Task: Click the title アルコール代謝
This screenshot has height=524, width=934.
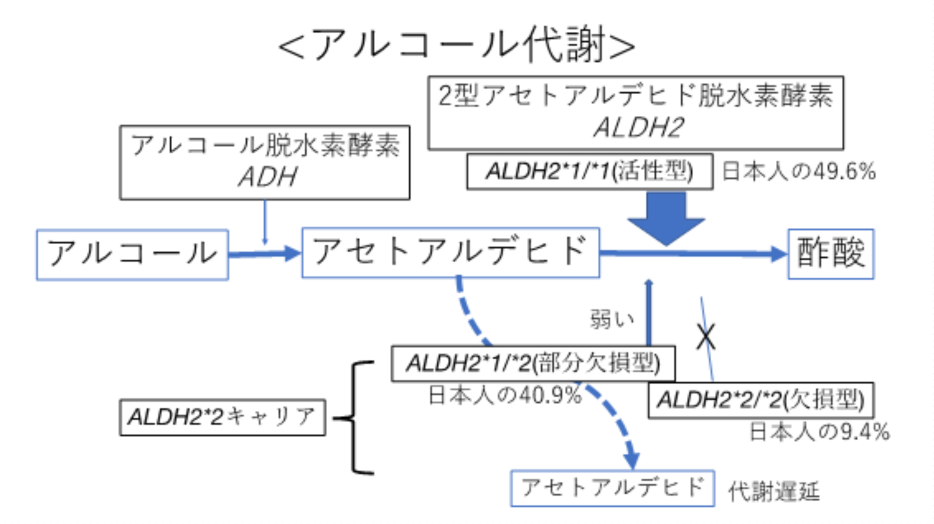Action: [x=457, y=44]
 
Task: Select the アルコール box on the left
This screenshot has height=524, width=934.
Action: [x=132, y=255]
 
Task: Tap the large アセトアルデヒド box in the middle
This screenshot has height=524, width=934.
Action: [x=451, y=252]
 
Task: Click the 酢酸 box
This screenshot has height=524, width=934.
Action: [x=831, y=254]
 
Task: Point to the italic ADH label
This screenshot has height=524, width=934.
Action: [x=267, y=177]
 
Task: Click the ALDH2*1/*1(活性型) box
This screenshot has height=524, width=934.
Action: [x=589, y=171]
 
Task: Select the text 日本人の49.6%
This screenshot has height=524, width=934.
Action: [x=798, y=171]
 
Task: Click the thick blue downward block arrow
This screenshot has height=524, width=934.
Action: [x=666, y=218]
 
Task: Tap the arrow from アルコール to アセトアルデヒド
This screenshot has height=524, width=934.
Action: [x=264, y=254]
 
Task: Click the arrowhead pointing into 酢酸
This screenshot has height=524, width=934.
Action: [x=778, y=254]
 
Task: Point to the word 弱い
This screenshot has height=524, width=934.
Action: [x=612, y=320]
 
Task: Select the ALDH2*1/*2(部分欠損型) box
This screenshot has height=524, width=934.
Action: [x=533, y=364]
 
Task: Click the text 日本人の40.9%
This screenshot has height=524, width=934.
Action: [x=505, y=395]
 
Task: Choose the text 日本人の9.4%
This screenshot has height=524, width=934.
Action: [x=819, y=432]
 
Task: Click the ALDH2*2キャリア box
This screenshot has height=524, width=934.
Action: [x=223, y=417]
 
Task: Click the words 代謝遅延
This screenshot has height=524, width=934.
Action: [x=774, y=492]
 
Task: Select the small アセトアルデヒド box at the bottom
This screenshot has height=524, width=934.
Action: [x=612, y=488]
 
